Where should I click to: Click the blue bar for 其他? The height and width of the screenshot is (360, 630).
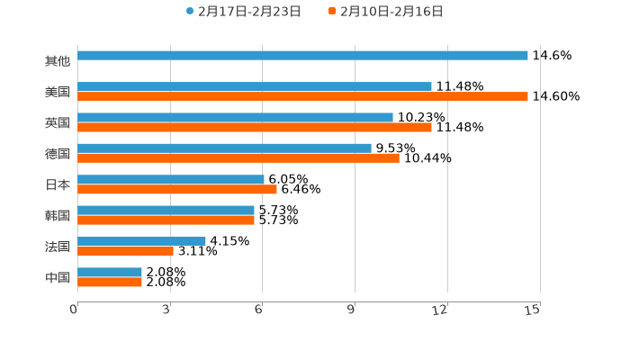tap(302, 56)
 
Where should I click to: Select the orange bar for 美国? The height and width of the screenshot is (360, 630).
tap(302, 96)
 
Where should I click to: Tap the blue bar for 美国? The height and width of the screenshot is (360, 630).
tap(255, 86)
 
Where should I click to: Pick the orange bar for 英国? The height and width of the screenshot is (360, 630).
tap(255, 127)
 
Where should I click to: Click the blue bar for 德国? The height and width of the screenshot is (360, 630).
tap(224, 148)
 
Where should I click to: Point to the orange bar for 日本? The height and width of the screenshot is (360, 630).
tap(177, 189)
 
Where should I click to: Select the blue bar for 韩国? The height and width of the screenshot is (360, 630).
tap(166, 210)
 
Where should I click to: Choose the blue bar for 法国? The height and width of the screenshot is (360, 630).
tap(141, 241)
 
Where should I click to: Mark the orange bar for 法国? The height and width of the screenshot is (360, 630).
tap(125, 251)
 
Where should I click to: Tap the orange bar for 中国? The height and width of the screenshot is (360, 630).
tap(110, 282)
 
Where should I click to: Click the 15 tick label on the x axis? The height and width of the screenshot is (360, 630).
tap(533, 310)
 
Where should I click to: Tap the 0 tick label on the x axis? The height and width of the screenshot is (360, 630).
tap(74, 310)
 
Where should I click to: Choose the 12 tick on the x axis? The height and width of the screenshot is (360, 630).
tap(440, 310)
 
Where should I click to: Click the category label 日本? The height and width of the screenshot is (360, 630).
tap(58, 184)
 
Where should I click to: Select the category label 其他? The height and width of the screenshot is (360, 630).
tap(58, 61)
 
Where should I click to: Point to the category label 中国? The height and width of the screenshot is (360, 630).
tap(58, 277)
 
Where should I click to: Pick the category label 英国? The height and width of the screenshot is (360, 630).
tap(58, 122)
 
